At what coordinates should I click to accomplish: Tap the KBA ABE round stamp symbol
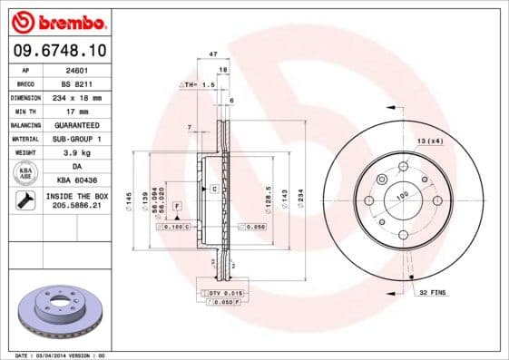tap(25, 173)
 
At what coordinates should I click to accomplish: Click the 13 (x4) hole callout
tap(429, 141)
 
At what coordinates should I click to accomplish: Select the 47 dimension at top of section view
tap(213, 55)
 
